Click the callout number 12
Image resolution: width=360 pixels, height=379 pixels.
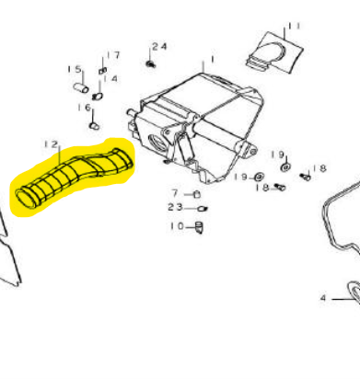(x=51, y=144)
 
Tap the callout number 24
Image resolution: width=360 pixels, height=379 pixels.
(x=159, y=46)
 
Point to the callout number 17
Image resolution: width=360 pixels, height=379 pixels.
(x=113, y=55)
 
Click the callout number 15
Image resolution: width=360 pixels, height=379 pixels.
(x=75, y=69)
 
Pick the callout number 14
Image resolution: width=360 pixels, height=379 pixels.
(x=110, y=79)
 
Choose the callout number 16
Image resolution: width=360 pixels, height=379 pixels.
(x=85, y=108)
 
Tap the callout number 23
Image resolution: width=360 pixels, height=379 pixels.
(x=175, y=207)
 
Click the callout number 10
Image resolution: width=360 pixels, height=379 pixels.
(x=177, y=226)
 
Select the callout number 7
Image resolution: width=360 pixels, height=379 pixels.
(x=175, y=193)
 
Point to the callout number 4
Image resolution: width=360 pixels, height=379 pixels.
(x=323, y=298)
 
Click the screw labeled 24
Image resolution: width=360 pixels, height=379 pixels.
(x=150, y=63)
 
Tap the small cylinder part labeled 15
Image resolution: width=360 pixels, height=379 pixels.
(x=81, y=87)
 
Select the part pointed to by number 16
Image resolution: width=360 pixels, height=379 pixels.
(x=95, y=125)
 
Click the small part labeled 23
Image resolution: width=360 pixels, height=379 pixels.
(x=203, y=209)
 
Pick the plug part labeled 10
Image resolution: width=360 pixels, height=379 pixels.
(x=199, y=227)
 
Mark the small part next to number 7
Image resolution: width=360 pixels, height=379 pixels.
(x=197, y=194)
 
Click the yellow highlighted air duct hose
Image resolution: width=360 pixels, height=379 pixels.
(x=74, y=177)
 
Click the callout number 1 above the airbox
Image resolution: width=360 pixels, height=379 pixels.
(x=212, y=59)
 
